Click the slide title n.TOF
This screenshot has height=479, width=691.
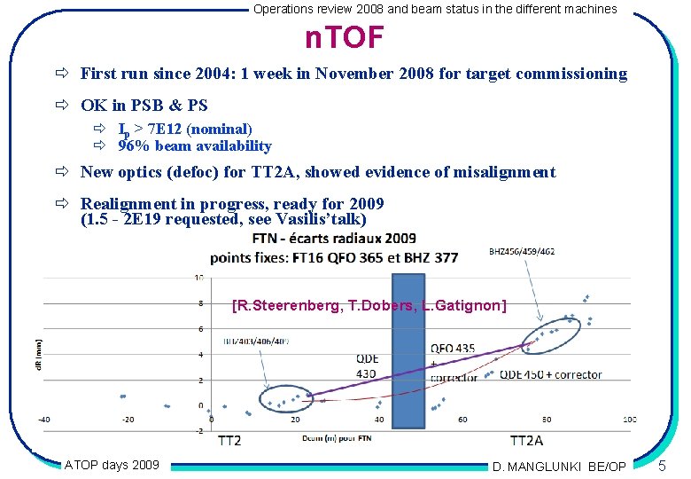click(x=344, y=38)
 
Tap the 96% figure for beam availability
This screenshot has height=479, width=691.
click(x=133, y=146)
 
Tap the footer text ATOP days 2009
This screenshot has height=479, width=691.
click(x=112, y=464)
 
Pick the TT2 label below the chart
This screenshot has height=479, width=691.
click(x=229, y=441)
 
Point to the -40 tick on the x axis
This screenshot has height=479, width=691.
click(x=43, y=420)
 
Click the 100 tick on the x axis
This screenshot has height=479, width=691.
click(x=629, y=420)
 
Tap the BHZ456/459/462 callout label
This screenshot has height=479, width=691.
click(x=522, y=252)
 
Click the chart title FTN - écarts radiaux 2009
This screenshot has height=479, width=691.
click(x=334, y=239)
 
